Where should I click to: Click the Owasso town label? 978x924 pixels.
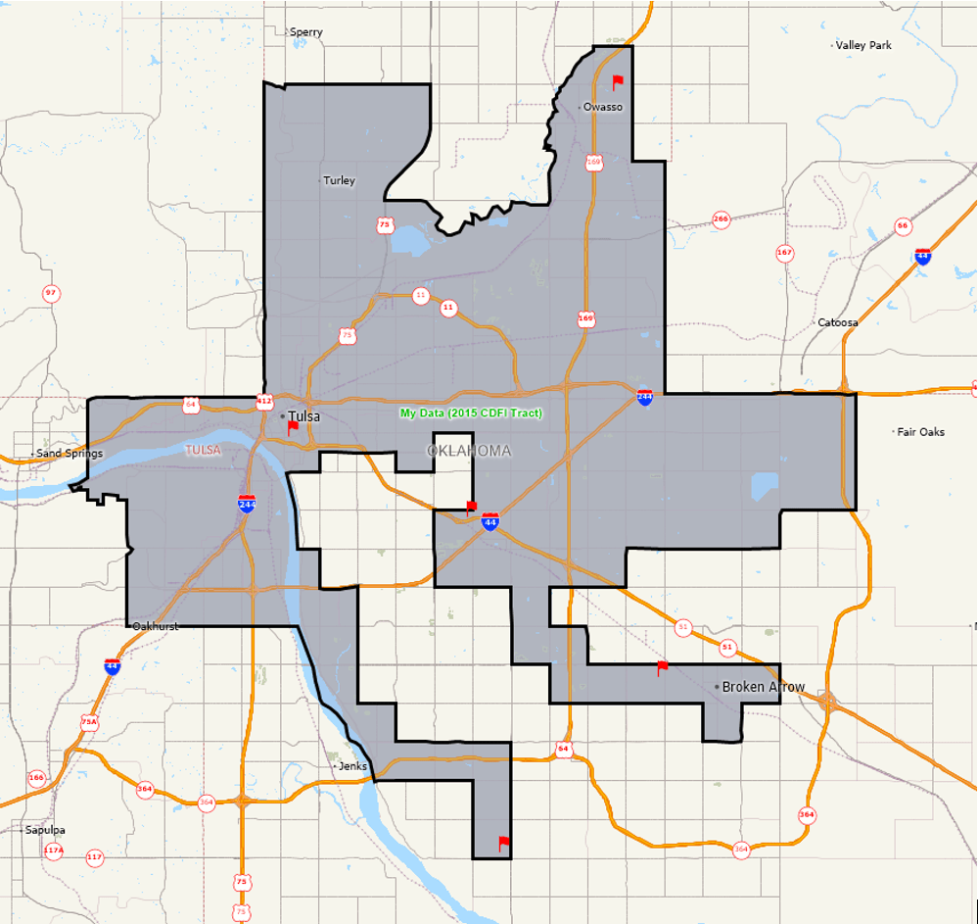pos(603,107)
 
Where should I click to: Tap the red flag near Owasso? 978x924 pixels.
pos(617,82)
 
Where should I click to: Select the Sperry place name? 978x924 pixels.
pos(306,32)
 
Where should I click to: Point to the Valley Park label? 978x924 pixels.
pos(863,45)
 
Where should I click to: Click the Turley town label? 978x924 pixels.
pos(340,180)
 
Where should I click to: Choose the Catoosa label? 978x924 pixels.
pos(838,322)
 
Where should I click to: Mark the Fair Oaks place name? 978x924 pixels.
pos(921,431)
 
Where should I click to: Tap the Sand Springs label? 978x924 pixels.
pos(69,454)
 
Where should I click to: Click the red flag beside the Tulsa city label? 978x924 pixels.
pos(293,428)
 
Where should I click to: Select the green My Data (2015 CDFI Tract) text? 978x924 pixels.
pos(471,413)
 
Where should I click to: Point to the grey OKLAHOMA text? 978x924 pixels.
pos(469,451)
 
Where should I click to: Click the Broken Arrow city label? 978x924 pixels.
pos(764,687)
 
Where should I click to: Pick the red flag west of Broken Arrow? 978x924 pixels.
pos(662,668)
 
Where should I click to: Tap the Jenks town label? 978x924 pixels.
pos(351,765)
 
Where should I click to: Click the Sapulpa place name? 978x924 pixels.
pos(45,830)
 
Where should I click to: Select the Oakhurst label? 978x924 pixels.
pos(155,625)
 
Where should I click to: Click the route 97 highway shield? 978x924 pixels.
pos(51,293)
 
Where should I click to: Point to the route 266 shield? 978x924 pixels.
pos(722,219)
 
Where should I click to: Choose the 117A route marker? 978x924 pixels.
pos(54,851)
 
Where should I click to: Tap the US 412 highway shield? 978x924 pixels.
pos(264,401)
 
